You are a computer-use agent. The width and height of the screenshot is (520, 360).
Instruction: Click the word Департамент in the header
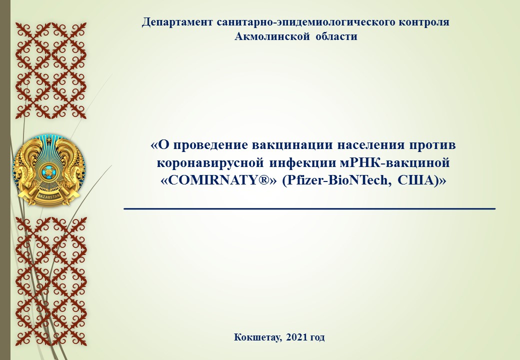(x=177, y=22)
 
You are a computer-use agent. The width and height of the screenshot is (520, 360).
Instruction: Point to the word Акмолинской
(x=273, y=36)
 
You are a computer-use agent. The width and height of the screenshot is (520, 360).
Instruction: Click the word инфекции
(x=302, y=163)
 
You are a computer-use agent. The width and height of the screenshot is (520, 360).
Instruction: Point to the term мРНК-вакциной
(x=395, y=163)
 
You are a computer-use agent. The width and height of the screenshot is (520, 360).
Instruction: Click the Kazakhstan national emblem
(x=49, y=169)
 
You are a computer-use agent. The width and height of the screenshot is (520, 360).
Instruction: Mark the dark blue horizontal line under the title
(x=309, y=208)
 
